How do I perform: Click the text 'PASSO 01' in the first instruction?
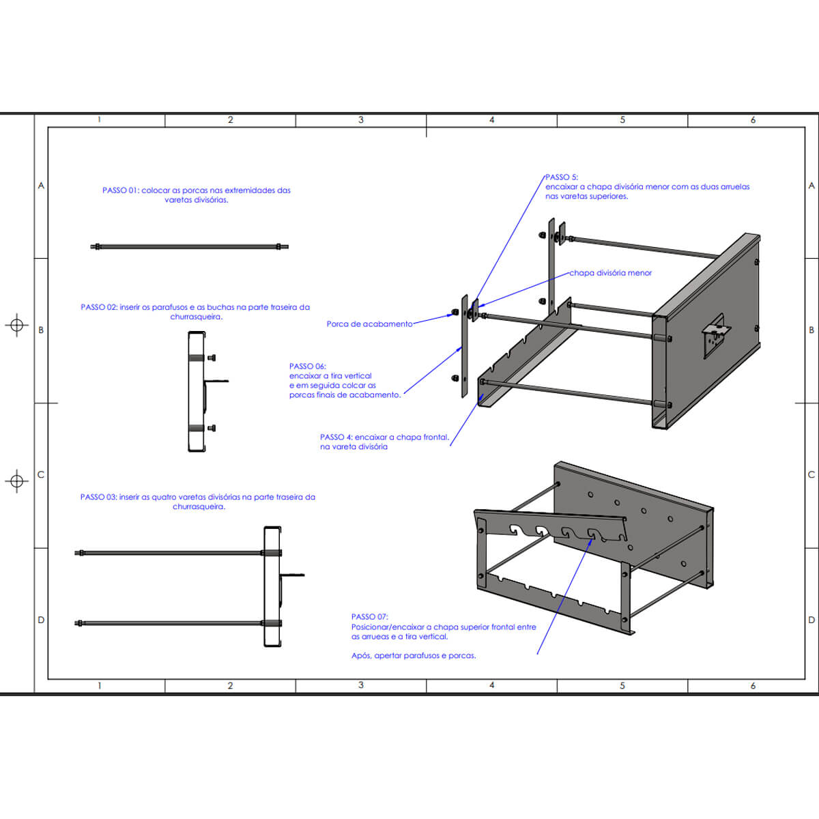click(x=120, y=190)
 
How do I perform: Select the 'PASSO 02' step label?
click(x=98, y=307)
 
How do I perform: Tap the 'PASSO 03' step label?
click(x=98, y=497)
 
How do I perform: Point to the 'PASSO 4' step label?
click(x=336, y=437)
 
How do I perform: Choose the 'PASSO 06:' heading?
click(x=307, y=367)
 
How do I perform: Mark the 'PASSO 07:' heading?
click(x=369, y=617)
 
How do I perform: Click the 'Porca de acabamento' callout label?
click(x=369, y=324)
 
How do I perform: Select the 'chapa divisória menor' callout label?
click(x=611, y=273)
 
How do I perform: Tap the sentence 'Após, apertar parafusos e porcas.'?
click(x=414, y=656)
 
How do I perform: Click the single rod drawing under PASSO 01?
click(x=190, y=246)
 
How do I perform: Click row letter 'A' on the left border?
click(x=41, y=186)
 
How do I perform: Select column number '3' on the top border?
click(x=361, y=120)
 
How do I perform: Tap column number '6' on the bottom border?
click(x=753, y=685)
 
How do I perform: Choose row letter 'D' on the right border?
click(x=811, y=620)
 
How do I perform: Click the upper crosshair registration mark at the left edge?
click(x=17, y=325)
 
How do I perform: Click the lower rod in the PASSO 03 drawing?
click(x=171, y=622)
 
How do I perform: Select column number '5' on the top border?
click(x=622, y=120)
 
